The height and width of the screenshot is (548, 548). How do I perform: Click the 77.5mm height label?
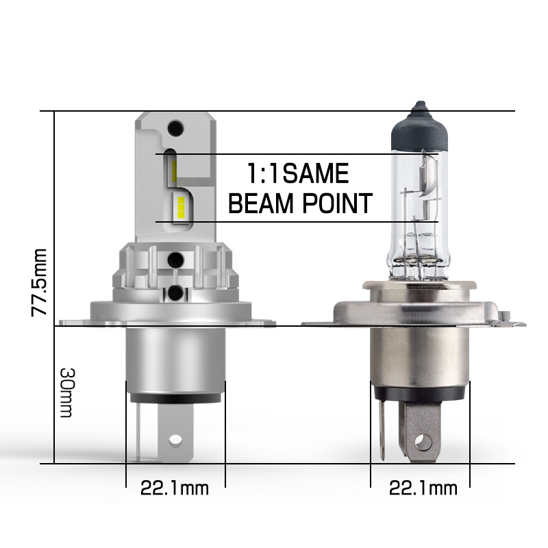click(40, 282)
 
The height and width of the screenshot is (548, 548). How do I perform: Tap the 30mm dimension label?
click(67, 392)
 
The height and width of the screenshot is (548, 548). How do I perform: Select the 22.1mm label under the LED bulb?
click(174, 488)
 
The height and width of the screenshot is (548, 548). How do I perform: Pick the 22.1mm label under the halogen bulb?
click(423, 488)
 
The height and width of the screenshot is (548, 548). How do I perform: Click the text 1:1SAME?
click(298, 174)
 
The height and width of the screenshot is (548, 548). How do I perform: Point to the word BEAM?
click(262, 204)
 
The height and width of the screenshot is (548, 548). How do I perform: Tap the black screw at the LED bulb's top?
click(176, 127)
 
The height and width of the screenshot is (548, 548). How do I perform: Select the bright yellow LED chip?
click(180, 205)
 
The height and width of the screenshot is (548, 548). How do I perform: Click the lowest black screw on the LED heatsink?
click(177, 292)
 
